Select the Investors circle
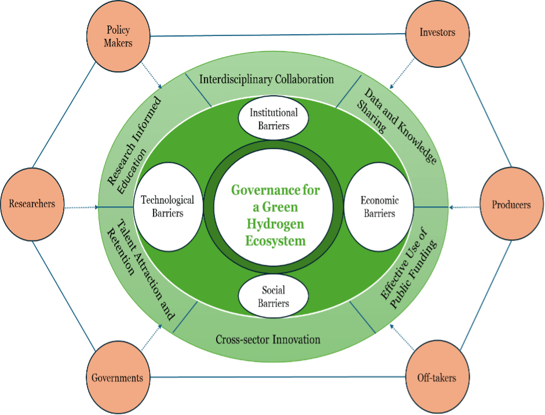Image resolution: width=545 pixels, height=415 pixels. pyautogui.click(x=437, y=32)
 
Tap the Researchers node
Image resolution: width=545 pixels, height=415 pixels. pyautogui.click(x=32, y=203)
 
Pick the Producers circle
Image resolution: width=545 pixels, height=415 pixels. pyautogui.click(x=511, y=205)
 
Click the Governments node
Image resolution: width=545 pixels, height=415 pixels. pyautogui.click(x=117, y=378)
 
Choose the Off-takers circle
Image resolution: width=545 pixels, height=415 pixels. pyautogui.click(x=437, y=378)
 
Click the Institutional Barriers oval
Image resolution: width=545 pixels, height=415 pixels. pyautogui.click(x=273, y=118)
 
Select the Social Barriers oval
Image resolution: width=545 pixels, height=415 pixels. pyautogui.click(x=273, y=296)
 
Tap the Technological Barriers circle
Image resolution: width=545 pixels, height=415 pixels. pyautogui.click(x=168, y=207)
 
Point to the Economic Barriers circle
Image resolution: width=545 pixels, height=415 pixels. pyautogui.click(x=379, y=207)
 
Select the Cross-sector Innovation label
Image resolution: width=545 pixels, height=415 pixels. pyautogui.click(x=268, y=339)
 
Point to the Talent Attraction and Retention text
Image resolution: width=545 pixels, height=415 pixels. pyautogui.click(x=139, y=269)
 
